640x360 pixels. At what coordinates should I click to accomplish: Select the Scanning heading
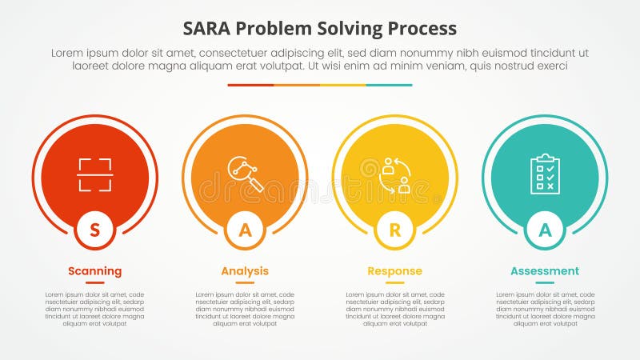click(95, 271)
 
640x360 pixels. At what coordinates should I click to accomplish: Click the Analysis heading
click(245, 271)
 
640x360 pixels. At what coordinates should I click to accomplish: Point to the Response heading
click(394, 271)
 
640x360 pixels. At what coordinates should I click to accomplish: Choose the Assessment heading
click(545, 271)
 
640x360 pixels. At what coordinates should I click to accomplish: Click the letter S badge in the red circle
click(95, 230)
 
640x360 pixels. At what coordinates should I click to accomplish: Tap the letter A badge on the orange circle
click(245, 230)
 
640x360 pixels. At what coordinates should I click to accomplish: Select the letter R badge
click(394, 230)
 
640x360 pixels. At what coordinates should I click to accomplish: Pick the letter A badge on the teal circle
click(545, 230)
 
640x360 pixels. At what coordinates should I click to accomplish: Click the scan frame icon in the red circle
click(95, 174)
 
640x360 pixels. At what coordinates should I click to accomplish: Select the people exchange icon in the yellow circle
click(395, 175)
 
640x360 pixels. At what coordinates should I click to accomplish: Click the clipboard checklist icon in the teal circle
click(545, 174)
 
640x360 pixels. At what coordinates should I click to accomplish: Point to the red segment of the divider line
click(250, 85)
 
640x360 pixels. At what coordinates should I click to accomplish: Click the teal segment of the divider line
click(390, 85)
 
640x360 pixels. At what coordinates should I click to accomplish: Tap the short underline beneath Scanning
click(95, 282)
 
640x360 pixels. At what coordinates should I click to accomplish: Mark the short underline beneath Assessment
click(545, 282)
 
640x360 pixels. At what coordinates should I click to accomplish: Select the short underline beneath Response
click(394, 282)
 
